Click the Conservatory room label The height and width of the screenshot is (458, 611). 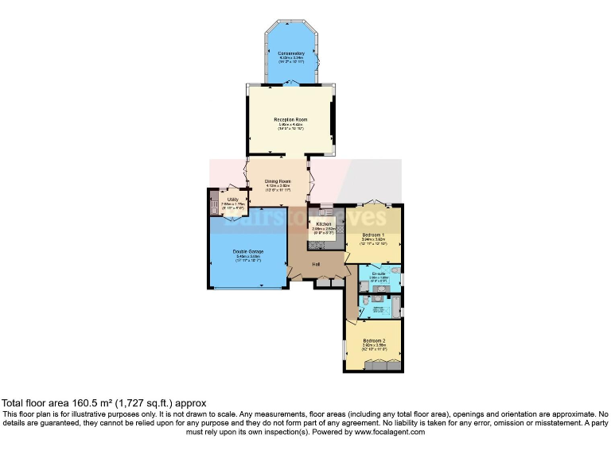click(x=292, y=53)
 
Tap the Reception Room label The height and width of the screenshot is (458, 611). click(x=292, y=119)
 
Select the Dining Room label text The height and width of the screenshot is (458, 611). click(x=278, y=181)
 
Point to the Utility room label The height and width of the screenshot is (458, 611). click(x=232, y=200)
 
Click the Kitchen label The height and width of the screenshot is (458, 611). click(x=323, y=225)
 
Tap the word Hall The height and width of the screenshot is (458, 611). click(x=316, y=264)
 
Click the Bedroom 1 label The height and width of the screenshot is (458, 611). click(x=373, y=235)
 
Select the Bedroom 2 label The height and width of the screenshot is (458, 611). click(x=374, y=340)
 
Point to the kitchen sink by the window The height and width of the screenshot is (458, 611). click(x=325, y=212)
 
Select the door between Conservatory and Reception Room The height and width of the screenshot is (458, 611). click(x=292, y=83)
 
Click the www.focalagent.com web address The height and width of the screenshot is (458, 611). click(x=390, y=432)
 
